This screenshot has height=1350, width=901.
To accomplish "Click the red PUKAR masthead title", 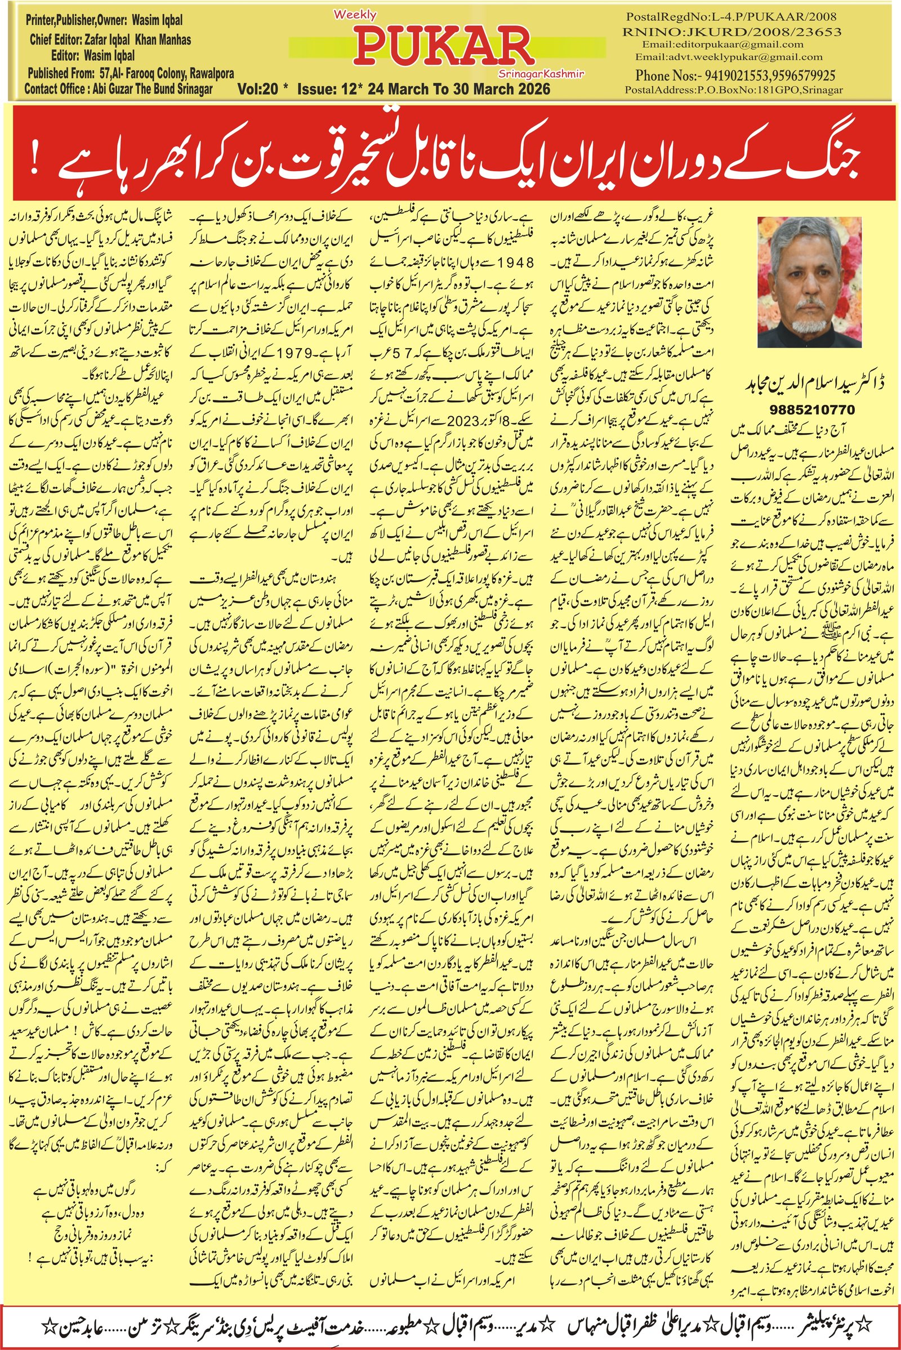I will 444,48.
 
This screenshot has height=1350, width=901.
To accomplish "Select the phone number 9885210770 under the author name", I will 812,410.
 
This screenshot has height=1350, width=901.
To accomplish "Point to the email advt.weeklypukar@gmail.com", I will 729,57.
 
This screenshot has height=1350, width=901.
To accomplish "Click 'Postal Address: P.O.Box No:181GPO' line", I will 734,90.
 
